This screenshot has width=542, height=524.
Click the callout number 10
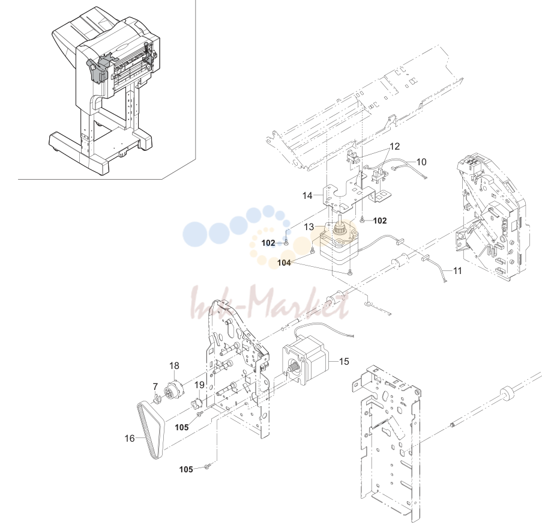tap(421, 162)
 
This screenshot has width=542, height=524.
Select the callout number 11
tap(457, 270)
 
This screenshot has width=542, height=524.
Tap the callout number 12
tap(394, 147)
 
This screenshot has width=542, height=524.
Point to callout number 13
tap(309, 227)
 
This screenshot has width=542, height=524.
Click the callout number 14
tap(307, 195)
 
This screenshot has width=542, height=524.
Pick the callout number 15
tap(344, 361)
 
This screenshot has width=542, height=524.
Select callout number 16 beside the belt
tap(130, 438)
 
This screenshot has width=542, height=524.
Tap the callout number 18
tap(174, 365)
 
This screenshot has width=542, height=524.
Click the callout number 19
tap(199, 385)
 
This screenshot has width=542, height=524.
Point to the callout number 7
tap(155, 386)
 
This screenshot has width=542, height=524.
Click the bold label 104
tap(284, 263)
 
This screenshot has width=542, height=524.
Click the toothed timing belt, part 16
tap(151, 430)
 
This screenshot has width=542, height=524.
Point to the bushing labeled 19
tap(197, 403)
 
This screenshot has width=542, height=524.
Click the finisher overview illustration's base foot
tap(100, 152)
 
